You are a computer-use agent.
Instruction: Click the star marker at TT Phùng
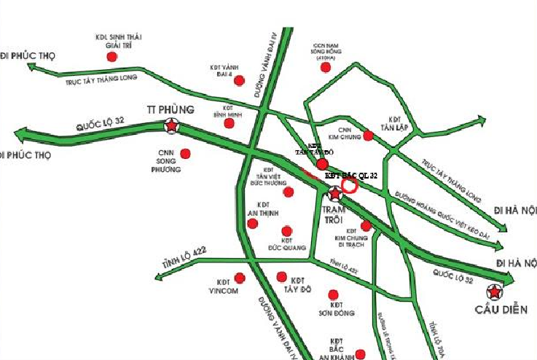point(171,126)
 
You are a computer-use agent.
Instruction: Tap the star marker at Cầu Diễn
point(495,293)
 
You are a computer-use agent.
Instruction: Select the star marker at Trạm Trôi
point(335,194)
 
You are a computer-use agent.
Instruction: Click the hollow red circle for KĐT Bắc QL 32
point(350,186)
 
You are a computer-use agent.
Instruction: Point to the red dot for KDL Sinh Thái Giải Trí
point(111,56)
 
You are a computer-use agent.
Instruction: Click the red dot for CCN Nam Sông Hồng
point(325,67)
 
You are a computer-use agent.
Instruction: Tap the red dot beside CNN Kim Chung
point(369,136)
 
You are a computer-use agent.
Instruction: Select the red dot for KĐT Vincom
point(240,278)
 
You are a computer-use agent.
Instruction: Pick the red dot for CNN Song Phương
point(185,154)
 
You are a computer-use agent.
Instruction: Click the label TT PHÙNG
point(170,109)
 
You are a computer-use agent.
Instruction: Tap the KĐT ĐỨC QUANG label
point(286,243)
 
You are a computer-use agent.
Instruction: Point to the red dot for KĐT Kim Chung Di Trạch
point(366,227)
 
